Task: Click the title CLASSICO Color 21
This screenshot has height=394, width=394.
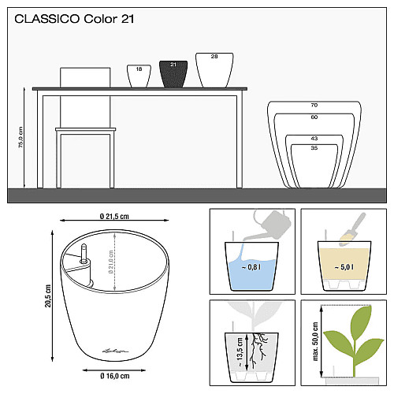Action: [x=74, y=19]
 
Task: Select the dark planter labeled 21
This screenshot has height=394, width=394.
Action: [x=173, y=74]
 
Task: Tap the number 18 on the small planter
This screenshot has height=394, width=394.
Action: [x=139, y=69]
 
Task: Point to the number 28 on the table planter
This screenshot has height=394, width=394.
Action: [x=214, y=57]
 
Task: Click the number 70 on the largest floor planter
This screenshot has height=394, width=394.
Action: [x=314, y=106]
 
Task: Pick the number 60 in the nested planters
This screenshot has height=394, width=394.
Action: [x=314, y=117]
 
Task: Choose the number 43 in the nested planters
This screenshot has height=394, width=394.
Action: [x=314, y=139]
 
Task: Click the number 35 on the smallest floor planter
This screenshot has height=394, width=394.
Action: [x=314, y=148]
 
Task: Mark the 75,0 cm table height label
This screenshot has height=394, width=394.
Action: [x=20, y=137]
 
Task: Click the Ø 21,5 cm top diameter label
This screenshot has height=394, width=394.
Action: [x=114, y=216]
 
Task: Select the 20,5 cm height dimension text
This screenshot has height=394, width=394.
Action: [x=48, y=295]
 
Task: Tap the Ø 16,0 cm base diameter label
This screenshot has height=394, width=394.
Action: [x=115, y=376]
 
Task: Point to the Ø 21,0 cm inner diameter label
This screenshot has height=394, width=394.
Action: [x=110, y=262]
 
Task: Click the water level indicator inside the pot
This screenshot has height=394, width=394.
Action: [x=84, y=254]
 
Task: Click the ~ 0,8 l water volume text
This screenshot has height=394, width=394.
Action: [x=251, y=267]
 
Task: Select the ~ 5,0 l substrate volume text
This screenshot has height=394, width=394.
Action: [x=344, y=267]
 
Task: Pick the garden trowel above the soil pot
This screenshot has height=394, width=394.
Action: [x=352, y=229]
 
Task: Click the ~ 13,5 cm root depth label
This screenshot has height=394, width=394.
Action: [x=240, y=352]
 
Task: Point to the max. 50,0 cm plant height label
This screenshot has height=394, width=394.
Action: [x=315, y=341]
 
